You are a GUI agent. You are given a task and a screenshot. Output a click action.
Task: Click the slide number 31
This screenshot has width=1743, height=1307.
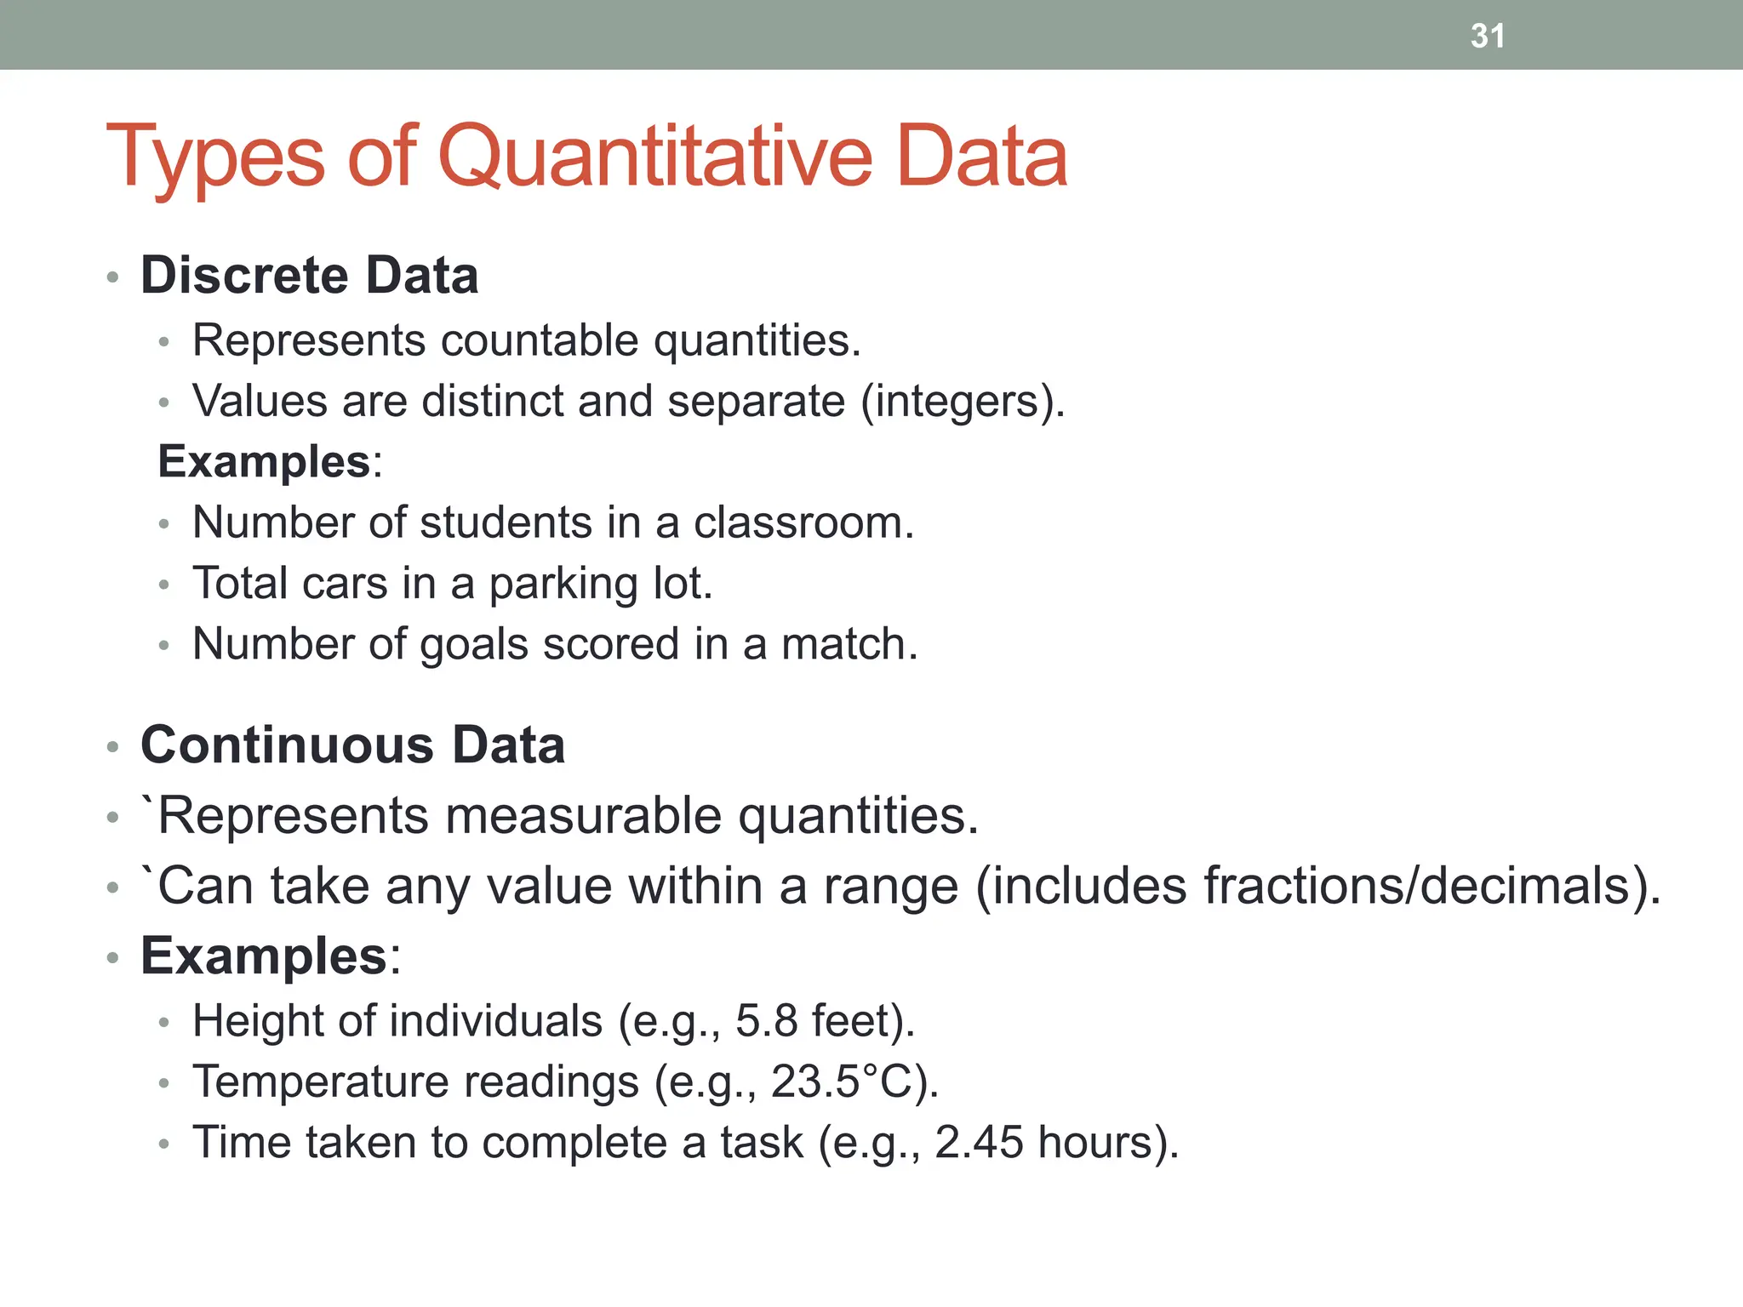coord(1487,36)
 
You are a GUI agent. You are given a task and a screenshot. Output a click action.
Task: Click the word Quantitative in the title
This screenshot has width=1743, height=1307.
coord(654,157)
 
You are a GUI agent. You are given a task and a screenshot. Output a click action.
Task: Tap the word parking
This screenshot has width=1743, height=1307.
coord(563,585)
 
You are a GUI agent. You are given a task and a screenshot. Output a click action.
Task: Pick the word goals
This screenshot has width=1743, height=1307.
coord(474,645)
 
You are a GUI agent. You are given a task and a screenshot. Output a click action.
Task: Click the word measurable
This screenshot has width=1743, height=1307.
coord(584,816)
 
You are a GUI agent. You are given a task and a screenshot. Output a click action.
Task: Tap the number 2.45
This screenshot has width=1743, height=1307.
coord(979,1143)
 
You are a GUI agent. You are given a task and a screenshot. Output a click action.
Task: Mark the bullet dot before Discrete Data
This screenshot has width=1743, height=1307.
coord(112,277)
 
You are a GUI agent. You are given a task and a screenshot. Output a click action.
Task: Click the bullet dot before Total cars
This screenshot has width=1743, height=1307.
coord(164,585)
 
